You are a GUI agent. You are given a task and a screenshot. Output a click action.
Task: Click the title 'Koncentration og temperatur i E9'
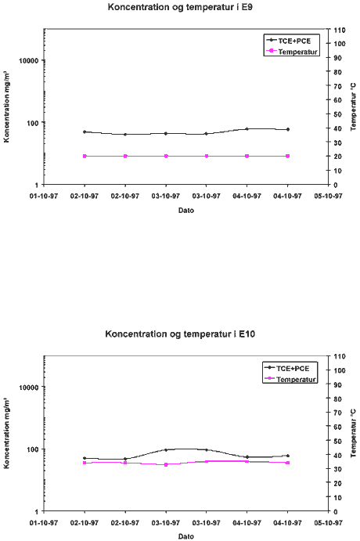[180, 7]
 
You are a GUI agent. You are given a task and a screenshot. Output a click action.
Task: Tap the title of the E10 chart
[180, 334]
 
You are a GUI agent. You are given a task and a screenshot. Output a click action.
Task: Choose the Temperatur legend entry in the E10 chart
[290, 379]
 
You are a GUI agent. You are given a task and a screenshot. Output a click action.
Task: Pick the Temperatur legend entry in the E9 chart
[292, 52]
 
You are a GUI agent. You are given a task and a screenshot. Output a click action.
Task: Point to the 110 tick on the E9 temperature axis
[340, 30]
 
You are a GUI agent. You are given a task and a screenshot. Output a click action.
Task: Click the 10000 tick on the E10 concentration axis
[29, 387]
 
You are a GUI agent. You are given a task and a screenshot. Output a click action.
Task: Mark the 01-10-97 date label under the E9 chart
[44, 196]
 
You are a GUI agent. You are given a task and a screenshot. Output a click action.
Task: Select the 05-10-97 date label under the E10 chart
[328, 523]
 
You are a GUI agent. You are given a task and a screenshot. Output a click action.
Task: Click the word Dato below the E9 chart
[185, 210]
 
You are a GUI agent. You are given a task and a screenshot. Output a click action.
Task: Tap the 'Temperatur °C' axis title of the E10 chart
[353, 434]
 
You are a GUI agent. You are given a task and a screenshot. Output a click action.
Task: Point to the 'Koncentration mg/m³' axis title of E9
[6, 106]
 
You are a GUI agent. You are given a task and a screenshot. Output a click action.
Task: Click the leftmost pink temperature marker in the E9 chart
[85, 156]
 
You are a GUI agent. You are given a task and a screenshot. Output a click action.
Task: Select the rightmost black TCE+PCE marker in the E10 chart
[287, 456]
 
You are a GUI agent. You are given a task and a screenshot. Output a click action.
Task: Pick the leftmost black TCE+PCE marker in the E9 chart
[85, 132]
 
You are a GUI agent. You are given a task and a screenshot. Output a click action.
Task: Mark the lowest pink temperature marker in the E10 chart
[166, 465]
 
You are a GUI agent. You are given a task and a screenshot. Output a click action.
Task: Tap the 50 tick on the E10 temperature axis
[337, 441]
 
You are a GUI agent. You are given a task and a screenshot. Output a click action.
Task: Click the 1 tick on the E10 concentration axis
[38, 511]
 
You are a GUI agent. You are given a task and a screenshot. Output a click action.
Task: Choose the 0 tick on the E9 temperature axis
[336, 185]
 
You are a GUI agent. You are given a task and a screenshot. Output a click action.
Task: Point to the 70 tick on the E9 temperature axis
[337, 86]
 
